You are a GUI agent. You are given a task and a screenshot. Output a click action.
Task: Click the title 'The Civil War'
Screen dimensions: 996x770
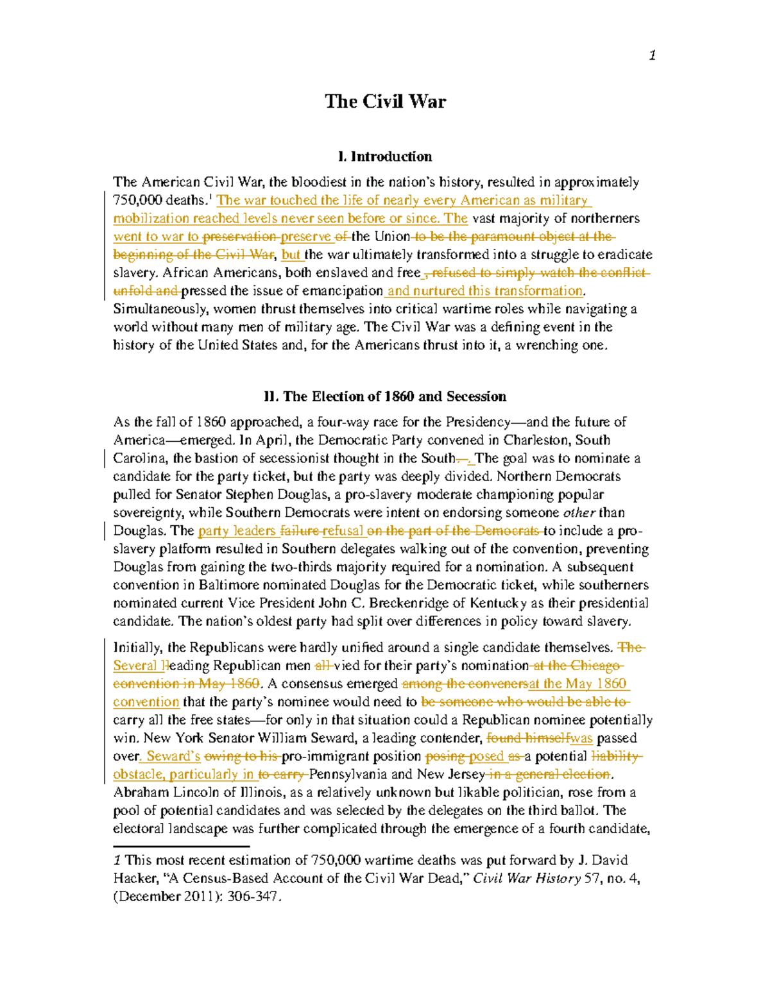click(x=385, y=101)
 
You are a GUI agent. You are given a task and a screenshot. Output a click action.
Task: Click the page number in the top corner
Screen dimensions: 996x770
click(x=652, y=56)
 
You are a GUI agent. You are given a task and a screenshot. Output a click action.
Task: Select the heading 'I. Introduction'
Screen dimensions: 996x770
click(x=385, y=156)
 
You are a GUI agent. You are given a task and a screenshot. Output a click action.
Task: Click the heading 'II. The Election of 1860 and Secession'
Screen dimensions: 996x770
click(x=385, y=396)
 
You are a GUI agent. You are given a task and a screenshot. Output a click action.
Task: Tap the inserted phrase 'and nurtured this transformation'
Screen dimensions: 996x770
click(x=485, y=291)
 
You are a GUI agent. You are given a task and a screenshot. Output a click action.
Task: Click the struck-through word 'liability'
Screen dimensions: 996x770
click(x=615, y=756)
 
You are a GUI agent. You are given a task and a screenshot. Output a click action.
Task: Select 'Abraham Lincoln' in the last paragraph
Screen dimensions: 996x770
click(x=157, y=793)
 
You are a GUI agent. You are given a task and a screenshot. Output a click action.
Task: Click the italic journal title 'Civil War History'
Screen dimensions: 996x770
click(x=527, y=879)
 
